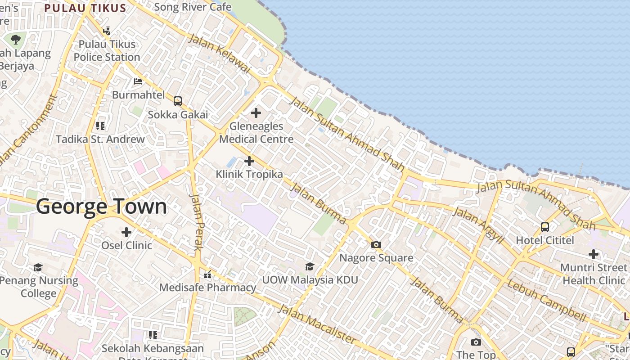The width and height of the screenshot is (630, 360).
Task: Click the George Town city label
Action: pos(101,207)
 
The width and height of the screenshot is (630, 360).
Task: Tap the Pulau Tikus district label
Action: pos(85,8)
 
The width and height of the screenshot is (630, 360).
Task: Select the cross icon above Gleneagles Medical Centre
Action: pos(256,112)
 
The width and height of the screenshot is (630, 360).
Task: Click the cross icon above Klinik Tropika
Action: pos(249,161)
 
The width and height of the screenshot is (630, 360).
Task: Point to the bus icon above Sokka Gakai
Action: pos(178,101)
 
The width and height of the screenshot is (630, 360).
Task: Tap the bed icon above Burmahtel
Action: pos(138,81)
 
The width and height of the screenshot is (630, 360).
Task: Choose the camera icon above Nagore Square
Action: pos(376,244)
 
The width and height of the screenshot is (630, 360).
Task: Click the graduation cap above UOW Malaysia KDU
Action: pos(310,266)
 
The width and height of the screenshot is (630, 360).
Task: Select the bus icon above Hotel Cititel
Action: pos(545,227)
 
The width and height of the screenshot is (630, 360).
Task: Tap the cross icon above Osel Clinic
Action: pos(126,232)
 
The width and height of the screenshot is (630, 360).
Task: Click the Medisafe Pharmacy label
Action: pos(207,288)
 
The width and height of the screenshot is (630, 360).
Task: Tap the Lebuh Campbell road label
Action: pos(547,300)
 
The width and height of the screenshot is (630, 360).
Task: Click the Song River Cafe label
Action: pos(193,7)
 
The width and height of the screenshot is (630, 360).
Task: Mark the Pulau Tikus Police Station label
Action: pos(107,50)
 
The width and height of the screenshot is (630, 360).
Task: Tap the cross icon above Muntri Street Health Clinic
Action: pos(594,254)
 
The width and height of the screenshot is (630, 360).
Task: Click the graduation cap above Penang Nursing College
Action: pos(38,268)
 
